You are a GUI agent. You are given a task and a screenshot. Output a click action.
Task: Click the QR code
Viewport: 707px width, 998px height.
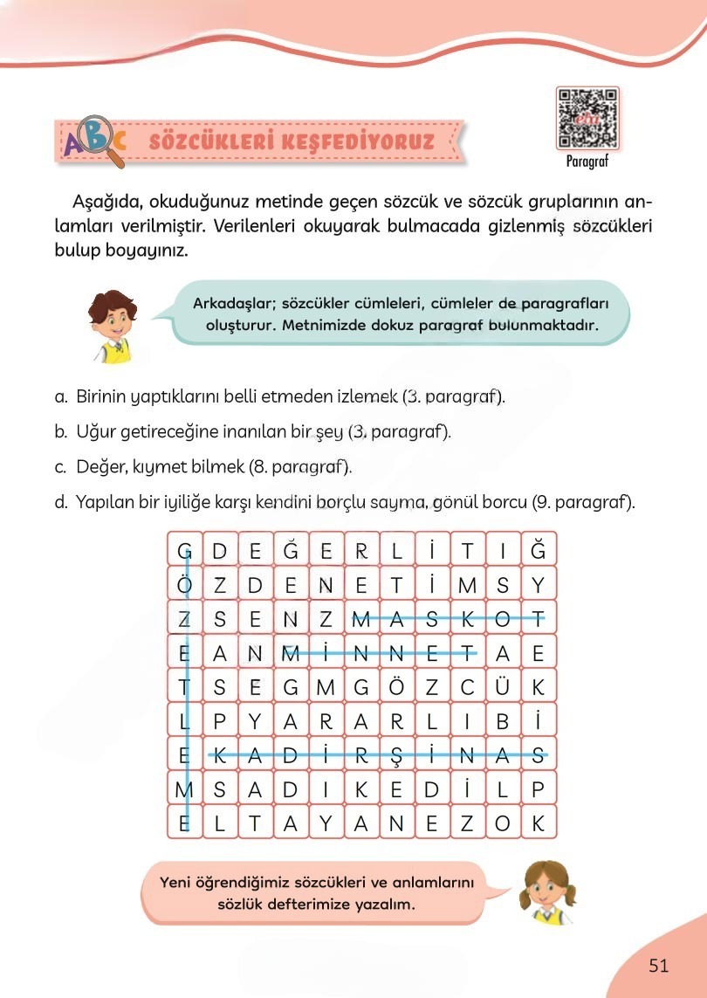pos(587,118)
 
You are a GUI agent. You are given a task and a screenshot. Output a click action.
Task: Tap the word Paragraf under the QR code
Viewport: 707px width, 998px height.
pos(587,162)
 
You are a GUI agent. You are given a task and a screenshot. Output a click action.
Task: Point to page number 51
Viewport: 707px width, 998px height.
pos(658,965)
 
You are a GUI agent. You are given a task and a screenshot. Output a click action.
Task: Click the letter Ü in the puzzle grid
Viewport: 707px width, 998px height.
pos(503,687)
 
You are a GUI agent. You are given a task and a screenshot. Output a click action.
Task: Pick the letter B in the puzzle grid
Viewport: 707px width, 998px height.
pos(503,722)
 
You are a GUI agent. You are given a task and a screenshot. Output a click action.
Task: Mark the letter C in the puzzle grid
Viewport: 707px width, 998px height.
pos(467,687)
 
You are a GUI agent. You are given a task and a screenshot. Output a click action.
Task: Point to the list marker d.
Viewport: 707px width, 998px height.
pos(60,502)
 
